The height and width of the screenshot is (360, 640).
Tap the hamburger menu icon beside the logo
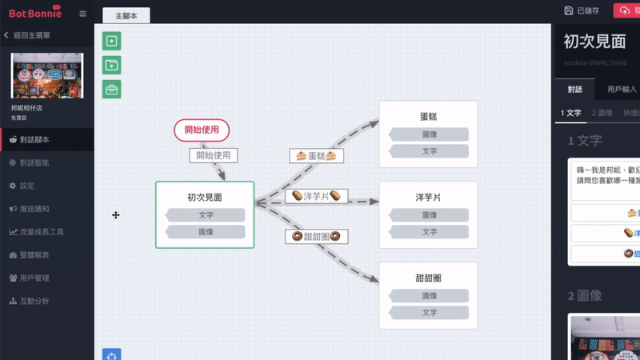(83, 14)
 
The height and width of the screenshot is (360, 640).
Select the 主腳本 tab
(126, 16)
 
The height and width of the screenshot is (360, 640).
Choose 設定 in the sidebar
(27, 186)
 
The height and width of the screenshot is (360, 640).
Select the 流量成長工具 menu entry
(41, 232)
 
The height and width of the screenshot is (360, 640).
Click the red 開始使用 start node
(202, 130)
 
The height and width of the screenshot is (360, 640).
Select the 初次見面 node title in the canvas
(205, 197)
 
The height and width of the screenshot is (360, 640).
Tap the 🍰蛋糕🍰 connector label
(315, 156)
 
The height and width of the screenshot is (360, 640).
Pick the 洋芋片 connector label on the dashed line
(316, 196)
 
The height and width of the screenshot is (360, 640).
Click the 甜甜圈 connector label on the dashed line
(315, 236)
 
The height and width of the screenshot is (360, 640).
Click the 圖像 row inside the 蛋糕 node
(429, 134)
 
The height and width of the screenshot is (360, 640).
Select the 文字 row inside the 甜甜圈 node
(429, 313)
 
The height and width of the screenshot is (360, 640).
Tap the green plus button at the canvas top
(112, 42)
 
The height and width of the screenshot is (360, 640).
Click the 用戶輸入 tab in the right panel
(622, 89)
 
